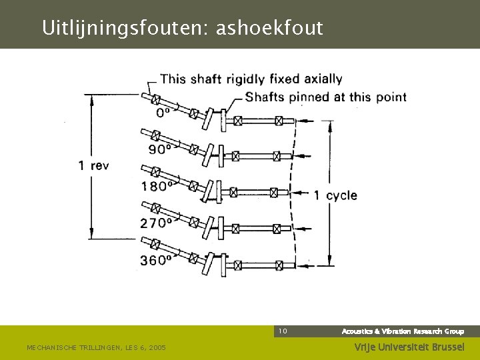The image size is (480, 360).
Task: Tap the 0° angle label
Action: [x=163, y=113]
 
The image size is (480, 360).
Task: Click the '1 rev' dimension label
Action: [x=93, y=165]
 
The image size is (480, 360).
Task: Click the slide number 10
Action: [x=283, y=331]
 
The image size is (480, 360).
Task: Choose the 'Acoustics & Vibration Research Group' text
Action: [x=403, y=331]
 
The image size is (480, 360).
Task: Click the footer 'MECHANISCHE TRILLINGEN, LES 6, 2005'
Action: [x=96, y=348]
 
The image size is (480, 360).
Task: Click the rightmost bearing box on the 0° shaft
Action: [x=279, y=121]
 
